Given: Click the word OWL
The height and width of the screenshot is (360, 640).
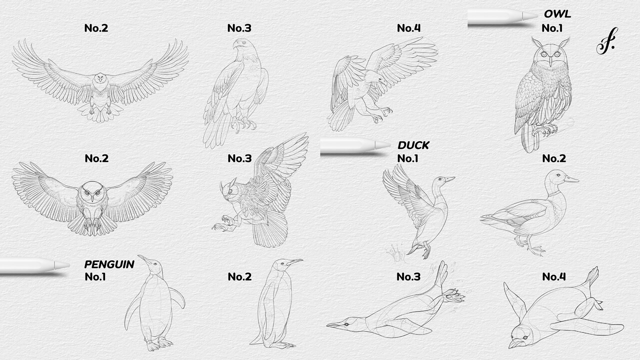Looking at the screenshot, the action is click(557, 14).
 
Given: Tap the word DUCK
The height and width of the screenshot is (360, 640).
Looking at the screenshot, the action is click(413, 145).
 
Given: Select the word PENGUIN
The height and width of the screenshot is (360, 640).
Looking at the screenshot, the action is click(109, 264).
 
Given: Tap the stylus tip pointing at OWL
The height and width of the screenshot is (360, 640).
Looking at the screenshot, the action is click(531, 15).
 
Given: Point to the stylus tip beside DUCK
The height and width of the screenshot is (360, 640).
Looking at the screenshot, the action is click(383, 145).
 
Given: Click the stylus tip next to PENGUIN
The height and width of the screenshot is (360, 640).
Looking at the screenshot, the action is click(62, 265).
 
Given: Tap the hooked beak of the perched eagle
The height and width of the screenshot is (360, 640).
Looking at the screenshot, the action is click(235, 45).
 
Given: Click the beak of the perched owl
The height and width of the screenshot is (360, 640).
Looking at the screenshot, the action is click(550, 60).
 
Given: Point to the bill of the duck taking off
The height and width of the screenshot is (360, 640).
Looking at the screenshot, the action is click(449, 179).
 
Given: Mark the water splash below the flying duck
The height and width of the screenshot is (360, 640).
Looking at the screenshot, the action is click(395, 252).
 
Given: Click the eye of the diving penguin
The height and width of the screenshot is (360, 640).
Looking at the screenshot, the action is click(347, 324).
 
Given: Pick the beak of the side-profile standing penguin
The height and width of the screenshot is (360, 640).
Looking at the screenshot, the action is click(294, 261).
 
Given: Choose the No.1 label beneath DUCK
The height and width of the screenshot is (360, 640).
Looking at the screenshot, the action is click(407, 158).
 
